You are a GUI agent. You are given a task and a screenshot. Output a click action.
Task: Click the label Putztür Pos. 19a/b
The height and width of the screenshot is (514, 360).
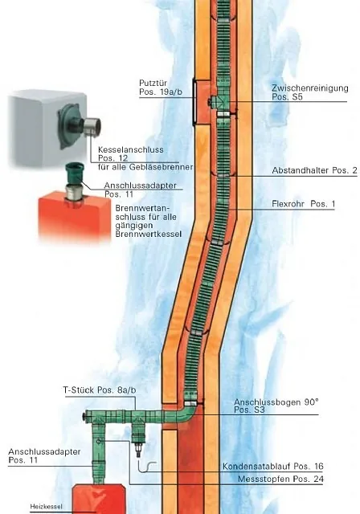[161, 88]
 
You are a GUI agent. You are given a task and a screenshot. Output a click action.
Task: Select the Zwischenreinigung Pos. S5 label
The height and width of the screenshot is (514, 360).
[310, 92]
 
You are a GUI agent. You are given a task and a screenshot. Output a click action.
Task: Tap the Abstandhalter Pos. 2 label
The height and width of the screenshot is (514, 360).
[314, 170]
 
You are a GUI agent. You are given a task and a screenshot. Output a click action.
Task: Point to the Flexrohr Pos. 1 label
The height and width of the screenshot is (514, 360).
[303, 204]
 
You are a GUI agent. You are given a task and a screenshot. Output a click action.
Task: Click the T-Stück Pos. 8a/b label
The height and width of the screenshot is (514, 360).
[100, 390]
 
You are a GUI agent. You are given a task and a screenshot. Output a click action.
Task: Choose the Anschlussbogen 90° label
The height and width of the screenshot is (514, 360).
[276, 406]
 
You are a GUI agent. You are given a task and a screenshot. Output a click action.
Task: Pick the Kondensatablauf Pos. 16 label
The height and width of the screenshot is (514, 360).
[272, 466]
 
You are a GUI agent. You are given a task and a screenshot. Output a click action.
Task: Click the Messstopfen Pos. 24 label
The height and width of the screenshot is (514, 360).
[280, 479]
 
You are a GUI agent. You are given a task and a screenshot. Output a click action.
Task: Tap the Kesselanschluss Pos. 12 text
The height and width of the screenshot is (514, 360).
[130, 154]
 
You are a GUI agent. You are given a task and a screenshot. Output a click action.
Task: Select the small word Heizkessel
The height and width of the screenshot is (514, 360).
[47, 507]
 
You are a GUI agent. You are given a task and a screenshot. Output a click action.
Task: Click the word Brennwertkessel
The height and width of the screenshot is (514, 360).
[148, 234]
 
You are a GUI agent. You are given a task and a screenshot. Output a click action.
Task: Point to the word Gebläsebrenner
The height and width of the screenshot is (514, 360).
[161, 167]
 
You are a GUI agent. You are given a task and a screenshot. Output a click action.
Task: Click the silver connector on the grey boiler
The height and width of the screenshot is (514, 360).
[92, 127]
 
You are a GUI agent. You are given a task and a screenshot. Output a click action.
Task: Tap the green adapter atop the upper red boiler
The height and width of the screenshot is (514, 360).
[75, 173]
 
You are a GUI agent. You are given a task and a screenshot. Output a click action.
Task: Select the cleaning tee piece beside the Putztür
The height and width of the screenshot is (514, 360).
[218, 102]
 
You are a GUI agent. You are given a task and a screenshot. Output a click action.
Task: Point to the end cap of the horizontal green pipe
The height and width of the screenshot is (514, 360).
[87, 416]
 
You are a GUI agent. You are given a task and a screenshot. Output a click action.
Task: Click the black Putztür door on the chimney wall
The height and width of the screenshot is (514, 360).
[194, 102]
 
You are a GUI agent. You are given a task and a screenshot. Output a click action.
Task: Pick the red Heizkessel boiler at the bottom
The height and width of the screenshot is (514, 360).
[98, 499]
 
